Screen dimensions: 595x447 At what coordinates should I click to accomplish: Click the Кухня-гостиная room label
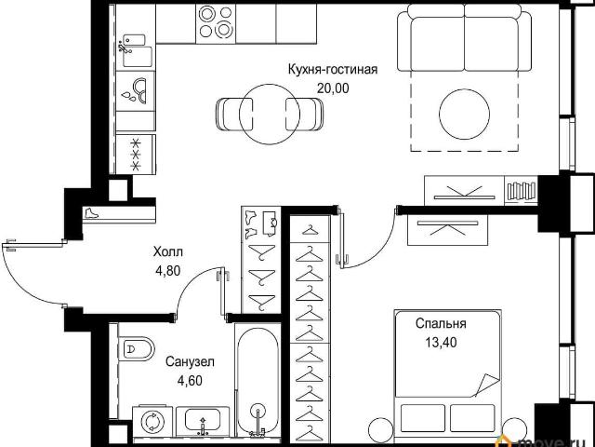point(333,70)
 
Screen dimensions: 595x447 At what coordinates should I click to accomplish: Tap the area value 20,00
point(333,88)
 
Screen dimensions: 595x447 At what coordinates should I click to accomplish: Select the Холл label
point(168,251)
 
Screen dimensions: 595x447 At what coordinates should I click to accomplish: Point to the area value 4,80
point(167,271)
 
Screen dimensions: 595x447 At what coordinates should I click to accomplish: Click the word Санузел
point(190,361)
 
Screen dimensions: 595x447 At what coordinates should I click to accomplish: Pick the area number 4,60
point(190,380)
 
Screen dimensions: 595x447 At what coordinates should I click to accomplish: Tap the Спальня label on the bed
point(441,324)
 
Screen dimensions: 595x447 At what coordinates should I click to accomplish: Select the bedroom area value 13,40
point(441,343)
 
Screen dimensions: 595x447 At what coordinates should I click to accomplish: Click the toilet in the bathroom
point(136,347)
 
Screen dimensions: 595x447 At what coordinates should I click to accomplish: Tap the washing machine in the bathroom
point(152,421)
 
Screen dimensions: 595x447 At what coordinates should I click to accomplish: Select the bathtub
point(258,380)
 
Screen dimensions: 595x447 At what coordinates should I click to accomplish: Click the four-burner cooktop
point(216,22)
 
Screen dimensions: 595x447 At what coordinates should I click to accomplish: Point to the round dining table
point(270,114)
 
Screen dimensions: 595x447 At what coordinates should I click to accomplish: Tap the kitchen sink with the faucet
point(135,51)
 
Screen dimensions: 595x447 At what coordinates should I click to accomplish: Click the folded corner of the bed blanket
point(487,384)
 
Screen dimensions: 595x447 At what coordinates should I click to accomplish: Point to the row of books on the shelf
point(522,191)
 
